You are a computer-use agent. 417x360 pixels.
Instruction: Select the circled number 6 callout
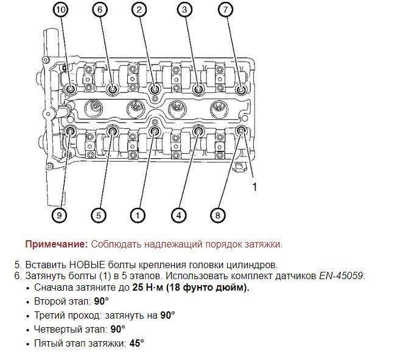tap(100, 9)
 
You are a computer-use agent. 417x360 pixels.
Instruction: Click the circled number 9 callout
tap(60, 215)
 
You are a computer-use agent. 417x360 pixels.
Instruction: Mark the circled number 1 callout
tap(138, 215)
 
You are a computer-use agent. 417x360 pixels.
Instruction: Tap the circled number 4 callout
tap(178, 215)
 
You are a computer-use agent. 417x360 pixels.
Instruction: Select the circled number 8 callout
tap(218, 215)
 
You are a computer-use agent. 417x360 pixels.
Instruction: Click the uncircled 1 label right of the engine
tap(254, 187)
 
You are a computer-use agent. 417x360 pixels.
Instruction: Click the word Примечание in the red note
tap(56, 244)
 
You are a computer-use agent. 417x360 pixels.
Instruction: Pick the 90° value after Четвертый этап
tap(117, 329)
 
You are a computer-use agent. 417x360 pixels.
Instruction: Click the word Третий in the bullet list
tap(51, 315)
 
